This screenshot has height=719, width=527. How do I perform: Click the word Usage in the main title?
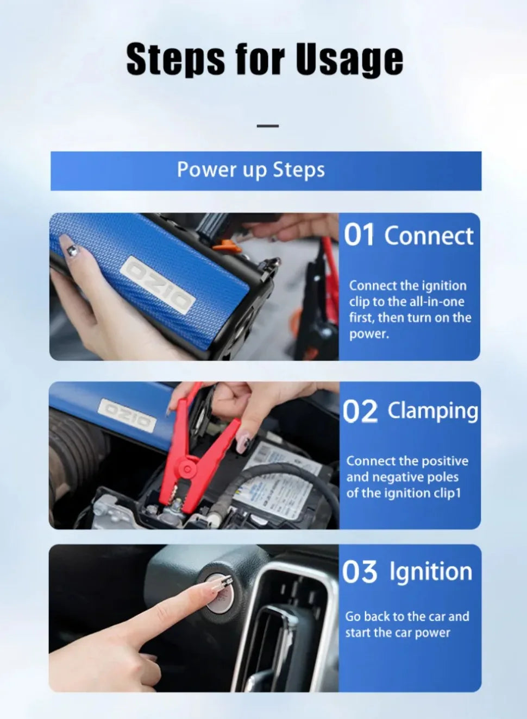pos(349,59)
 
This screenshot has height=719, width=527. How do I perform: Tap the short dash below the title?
pos(267,126)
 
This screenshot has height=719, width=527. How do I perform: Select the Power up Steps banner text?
pos(251,170)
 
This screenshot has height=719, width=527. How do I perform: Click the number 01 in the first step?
pos(359,235)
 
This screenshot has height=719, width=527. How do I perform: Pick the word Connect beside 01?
pos(429,236)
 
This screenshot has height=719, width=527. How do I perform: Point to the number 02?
pos(360,412)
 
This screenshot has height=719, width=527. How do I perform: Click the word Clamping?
pos(433,411)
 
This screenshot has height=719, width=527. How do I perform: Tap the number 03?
pos(359,572)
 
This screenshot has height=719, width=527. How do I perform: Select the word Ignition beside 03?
pos(431,572)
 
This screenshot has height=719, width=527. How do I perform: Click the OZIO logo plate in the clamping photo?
pos(127,415)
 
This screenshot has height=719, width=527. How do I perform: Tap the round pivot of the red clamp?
pos(187,469)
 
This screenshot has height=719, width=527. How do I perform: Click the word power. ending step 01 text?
pos(369,334)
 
